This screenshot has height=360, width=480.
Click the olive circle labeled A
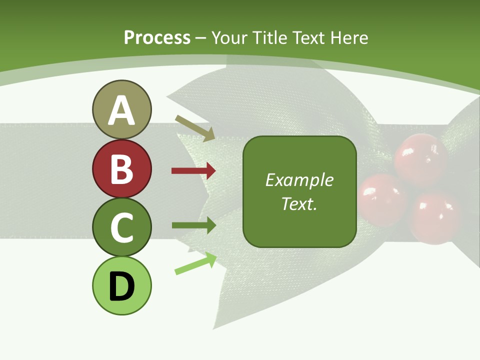coord(121,109)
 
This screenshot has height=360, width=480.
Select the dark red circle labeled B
coord(121,169)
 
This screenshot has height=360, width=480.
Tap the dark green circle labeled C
coord(121,227)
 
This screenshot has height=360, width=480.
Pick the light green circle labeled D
coord(121,285)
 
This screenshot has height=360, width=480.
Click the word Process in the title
coord(157,37)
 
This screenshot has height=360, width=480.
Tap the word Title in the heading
coord(268,37)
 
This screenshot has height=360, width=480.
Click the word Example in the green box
coord(299,180)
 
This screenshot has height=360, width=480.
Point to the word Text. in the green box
coord(299,203)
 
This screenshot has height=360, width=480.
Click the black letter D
coord(121,286)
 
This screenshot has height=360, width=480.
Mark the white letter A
coord(121,110)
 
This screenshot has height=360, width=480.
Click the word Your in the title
coord(229,37)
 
